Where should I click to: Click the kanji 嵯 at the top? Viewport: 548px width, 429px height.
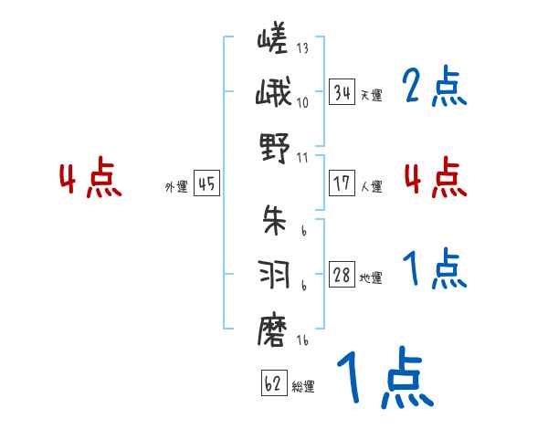[273, 42]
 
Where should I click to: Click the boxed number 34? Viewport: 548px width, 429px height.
[342, 93]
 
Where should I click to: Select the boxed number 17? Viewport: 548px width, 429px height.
[342, 183]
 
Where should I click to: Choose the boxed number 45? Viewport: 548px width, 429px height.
[206, 183]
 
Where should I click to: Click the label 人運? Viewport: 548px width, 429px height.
[371, 186]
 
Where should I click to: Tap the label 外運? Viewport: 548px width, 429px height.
[175, 186]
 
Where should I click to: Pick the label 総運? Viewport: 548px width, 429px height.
[303, 386]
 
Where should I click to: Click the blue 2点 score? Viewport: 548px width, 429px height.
[435, 88]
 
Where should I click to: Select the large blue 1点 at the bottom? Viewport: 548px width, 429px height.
[384, 380]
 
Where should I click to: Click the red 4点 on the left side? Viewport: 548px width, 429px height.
[90, 179]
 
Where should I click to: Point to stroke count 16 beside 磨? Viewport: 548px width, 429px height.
[302, 340]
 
